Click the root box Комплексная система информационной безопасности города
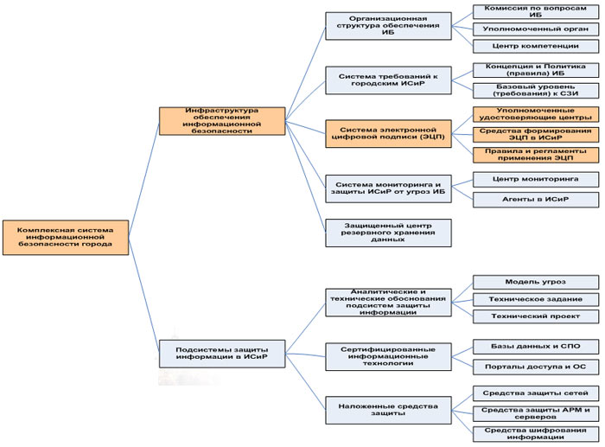click(65, 236)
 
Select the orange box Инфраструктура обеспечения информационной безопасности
click(222, 121)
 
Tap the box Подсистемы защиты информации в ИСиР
click(222, 353)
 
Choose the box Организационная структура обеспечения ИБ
click(388, 26)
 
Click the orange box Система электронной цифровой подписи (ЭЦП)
click(388, 133)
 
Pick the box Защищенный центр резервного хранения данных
click(388, 232)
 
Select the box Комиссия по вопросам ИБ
click(536, 11)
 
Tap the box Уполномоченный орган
click(536, 29)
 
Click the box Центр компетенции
click(536, 46)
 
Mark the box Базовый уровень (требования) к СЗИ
click(536, 90)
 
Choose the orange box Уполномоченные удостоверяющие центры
click(536, 114)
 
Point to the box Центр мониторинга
click(536, 179)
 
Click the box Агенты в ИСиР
click(536, 199)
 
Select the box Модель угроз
click(536, 282)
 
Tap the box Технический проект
click(536, 316)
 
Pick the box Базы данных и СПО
click(536, 346)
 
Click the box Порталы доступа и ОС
click(536, 366)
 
